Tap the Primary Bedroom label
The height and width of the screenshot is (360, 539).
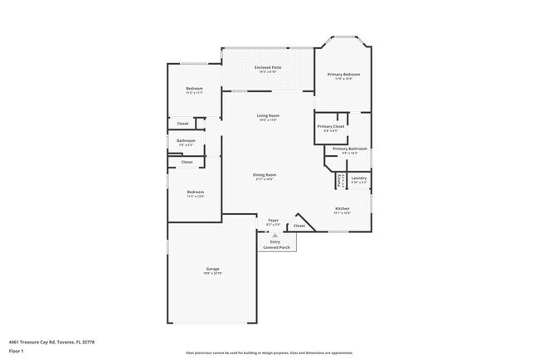tap(343, 75)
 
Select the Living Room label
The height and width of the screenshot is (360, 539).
tap(267, 115)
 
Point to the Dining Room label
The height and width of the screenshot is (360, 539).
tap(265, 175)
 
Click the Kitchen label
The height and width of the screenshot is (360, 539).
tap(342, 208)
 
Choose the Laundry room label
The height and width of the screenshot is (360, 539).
tap(359, 178)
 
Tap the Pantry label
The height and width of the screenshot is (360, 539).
tap(339, 179)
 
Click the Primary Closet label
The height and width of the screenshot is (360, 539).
tap(330, 127)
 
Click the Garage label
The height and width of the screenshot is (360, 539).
tap(213, 269)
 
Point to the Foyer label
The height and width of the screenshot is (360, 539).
tap(273, 220)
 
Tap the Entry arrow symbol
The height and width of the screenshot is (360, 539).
tap(275, 236)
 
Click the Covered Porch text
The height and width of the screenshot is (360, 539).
tap(277, 247)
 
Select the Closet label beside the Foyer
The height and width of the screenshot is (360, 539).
tap(299, 226)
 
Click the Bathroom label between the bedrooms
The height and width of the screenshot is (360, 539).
tap(186, 141)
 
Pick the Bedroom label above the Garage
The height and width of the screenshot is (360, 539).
tap(195, 192)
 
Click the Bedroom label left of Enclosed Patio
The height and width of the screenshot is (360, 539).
tap(194, 89)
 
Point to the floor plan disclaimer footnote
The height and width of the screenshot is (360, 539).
tap(269, 353)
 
